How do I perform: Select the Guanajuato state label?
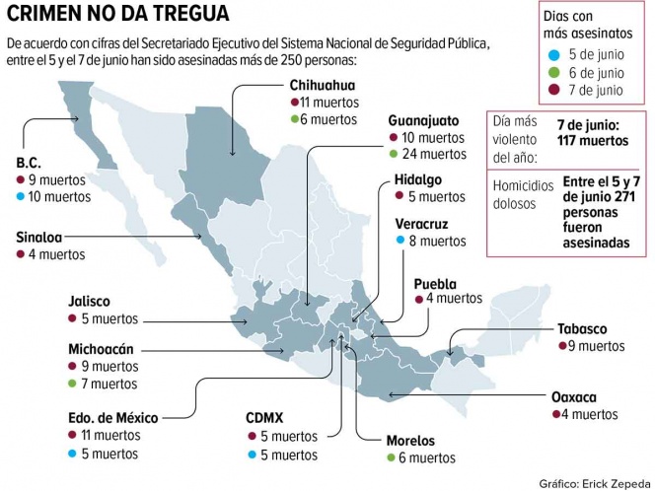pyautogui.click(x=425, y=119)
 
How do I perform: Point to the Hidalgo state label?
pyautogui.click(x=418, y=180)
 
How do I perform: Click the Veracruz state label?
pyautogui.click(x=423, y=223)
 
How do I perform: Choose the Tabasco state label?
pyautogui.click(x=581, y=328)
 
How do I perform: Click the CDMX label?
pyautogui.click(x=267, y=418)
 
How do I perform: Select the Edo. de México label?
pyautogui.click(x=113, y=418)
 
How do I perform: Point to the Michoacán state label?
pyautogui.click(x=101, y=348)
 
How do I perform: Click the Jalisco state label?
pyautogui.click(x=90, y=302)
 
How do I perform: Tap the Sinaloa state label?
pyautogui.click(x=42, y=237)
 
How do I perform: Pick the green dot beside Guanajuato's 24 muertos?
pyautogui.click(x=394, y=154)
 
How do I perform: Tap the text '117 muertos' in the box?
pyautogui.click(x=591, y=141)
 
